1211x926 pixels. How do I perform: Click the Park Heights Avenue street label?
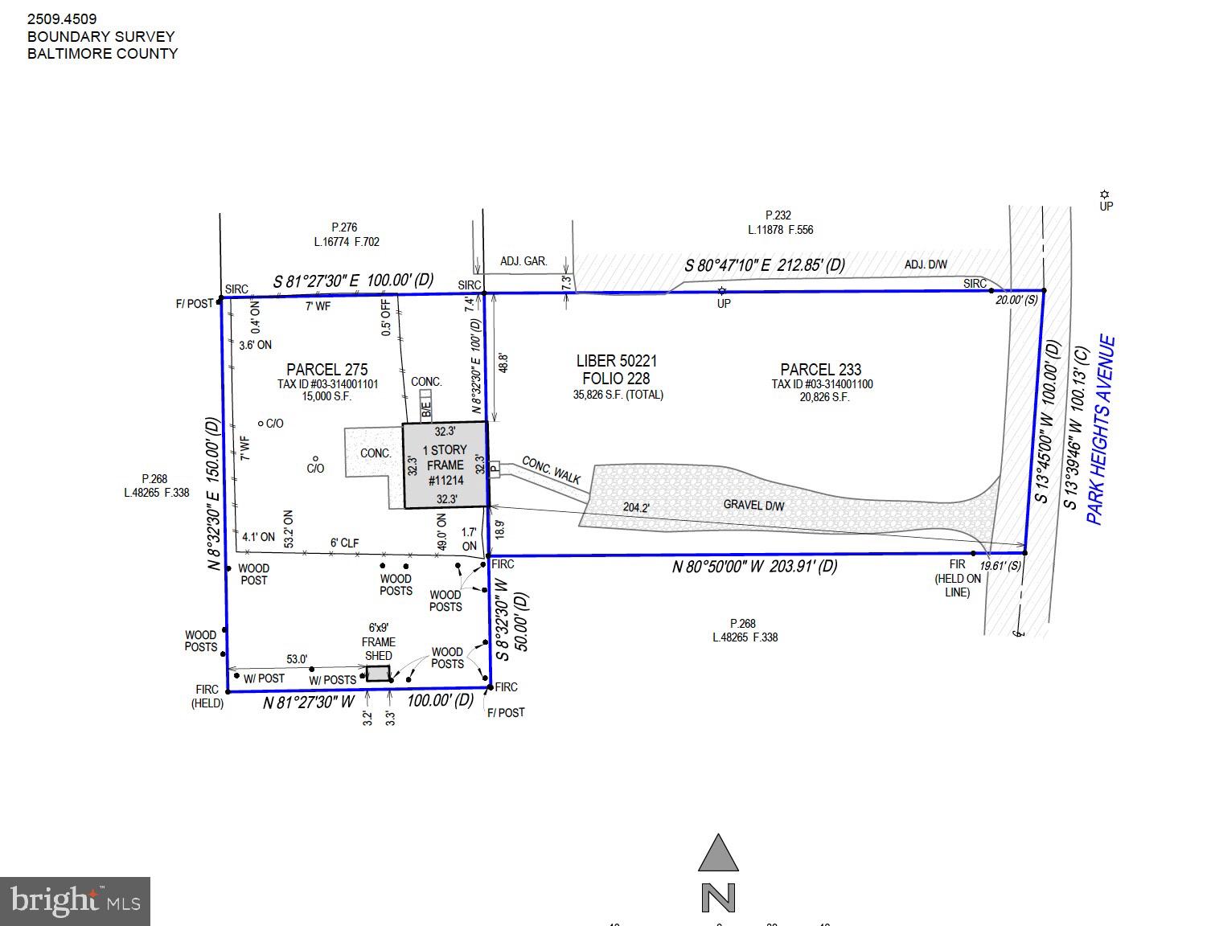(x=1101, y=430)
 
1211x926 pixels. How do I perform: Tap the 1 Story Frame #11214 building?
(x=445, y=465)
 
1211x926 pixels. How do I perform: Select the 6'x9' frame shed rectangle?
(x=378, y=674)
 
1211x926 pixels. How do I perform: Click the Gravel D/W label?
(x=753, y=506)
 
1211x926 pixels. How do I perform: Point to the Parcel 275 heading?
(x=327, y=370)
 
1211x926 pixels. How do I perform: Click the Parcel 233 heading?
(x=820, y=370)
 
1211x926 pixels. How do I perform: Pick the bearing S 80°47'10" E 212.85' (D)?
(x=764, y=265)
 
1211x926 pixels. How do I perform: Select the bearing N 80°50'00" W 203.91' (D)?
(x=754, y=567)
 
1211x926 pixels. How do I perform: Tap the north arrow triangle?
(x=718, y=854)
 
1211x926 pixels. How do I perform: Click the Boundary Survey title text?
(x=101, y=36)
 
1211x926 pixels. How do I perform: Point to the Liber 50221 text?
(x=616, y=362)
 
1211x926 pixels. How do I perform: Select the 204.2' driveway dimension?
(x=636, y=508)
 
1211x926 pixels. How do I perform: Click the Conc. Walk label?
(x=552, y=470)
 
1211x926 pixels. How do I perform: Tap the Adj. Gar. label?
(x=523, y=261)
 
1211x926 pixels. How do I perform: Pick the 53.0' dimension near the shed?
(x=297, y=659)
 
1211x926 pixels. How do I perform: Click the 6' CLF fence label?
(x=344, y=543)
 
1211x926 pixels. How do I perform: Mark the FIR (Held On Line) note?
(x=957, y=578)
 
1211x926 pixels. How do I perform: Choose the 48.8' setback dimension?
(x=503, y=363)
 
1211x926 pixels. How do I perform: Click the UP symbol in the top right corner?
(x=1106, y=200)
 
